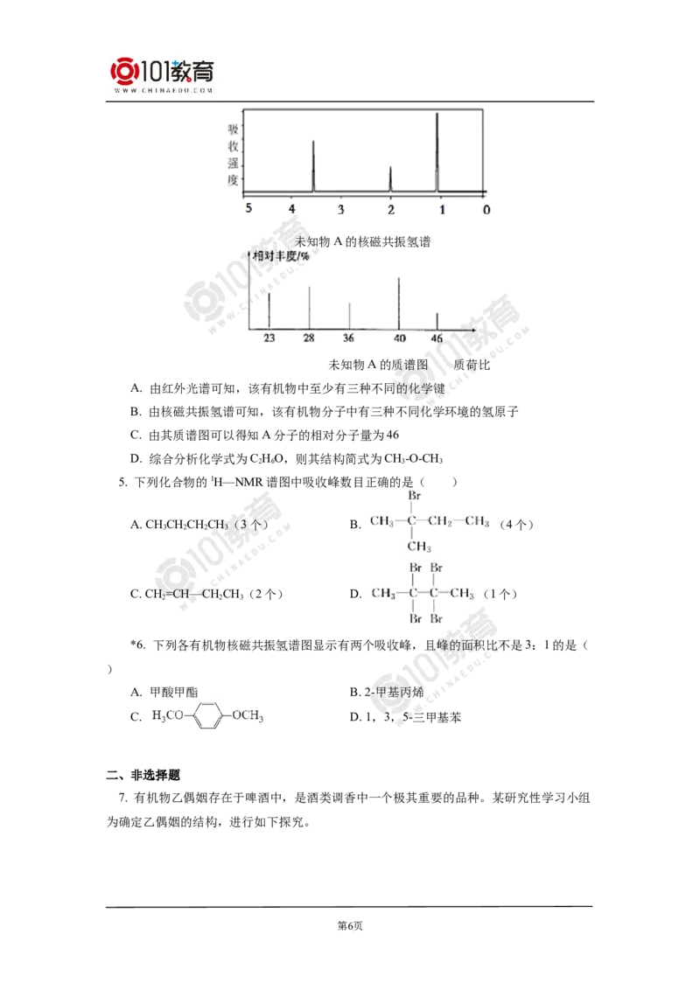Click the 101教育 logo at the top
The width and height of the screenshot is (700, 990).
point(164,73)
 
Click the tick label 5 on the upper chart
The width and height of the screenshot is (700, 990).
point(249,210)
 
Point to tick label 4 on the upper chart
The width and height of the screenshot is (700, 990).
point(290,210)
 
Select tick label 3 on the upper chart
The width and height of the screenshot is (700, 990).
point(340,210)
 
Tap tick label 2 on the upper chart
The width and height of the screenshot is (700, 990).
point(390,210)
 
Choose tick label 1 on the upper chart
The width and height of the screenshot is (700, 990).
point(442,210)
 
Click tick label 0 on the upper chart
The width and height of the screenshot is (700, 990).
point(486,210)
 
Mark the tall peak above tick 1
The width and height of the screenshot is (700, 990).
point(437,149)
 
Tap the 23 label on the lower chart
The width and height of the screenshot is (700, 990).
point(269,338)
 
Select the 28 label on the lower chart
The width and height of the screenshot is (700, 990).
point(308,338)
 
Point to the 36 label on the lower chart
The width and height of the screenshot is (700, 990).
point(349,338)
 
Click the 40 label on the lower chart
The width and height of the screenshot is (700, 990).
point(399,338)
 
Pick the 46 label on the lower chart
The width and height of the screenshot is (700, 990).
point(437,338)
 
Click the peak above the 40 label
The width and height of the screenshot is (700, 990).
point(399,302)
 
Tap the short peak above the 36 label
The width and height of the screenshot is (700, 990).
point(349,315)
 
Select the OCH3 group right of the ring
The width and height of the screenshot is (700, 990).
point(248,716)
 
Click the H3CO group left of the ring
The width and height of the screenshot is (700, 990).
point(167,716)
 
